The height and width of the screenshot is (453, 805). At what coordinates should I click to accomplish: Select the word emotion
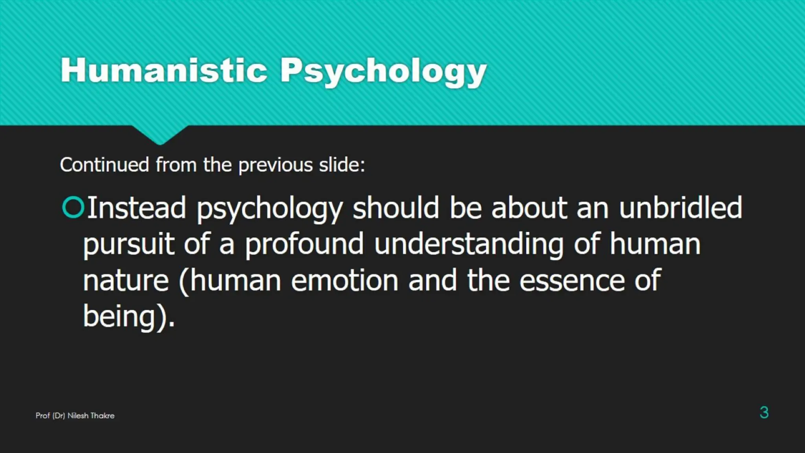click(x=344, y=281)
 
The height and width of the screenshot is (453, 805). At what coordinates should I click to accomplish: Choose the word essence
click(x=572, y=281)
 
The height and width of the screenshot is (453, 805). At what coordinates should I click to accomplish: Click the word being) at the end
click(x=125, y=316)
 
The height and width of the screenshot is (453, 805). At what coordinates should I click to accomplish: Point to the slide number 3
click(x=764, y=412)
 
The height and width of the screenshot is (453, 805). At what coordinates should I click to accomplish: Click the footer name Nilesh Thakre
click(x=91, y=416)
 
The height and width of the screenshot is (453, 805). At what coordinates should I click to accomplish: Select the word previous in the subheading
click(x=276, y=165)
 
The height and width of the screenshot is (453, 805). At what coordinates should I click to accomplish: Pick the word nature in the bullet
click(x=126, y=281)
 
